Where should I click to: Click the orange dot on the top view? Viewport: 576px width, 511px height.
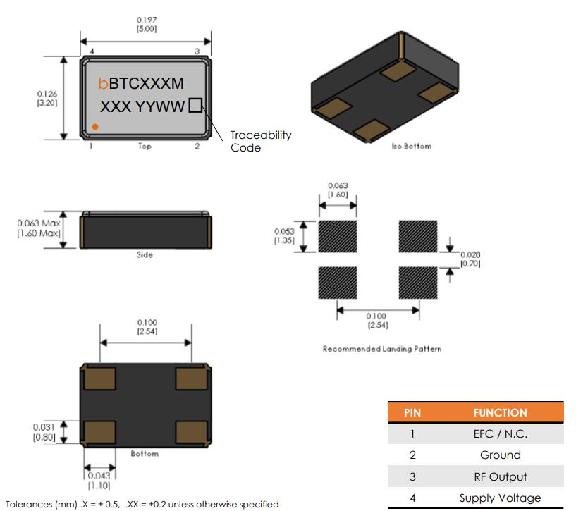coord(94,127)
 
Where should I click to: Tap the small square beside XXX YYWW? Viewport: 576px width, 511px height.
coord(195,106)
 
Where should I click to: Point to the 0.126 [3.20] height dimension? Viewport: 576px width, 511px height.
coord(47,97)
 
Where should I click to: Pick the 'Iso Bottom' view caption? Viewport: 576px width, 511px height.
coord(411,147)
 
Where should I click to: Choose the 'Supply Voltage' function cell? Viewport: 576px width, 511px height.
coord(500,498)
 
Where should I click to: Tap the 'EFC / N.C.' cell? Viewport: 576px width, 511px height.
coord(500,434)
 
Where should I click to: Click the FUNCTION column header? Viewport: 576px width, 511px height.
coord(500,412)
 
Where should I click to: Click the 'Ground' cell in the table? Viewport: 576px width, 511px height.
coord(500,455)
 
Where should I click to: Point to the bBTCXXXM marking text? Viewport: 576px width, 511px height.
coord(142,84)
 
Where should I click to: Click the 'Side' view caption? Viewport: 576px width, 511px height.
coord(145,254)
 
